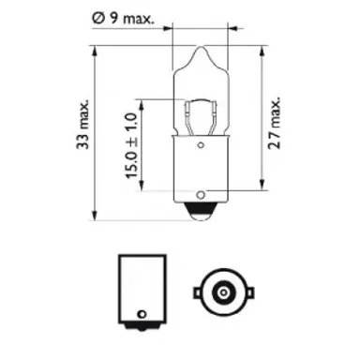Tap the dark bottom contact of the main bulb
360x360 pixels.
201,213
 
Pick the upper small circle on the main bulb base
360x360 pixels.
201,146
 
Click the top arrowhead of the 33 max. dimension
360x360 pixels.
97,46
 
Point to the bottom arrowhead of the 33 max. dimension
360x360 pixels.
97,215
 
